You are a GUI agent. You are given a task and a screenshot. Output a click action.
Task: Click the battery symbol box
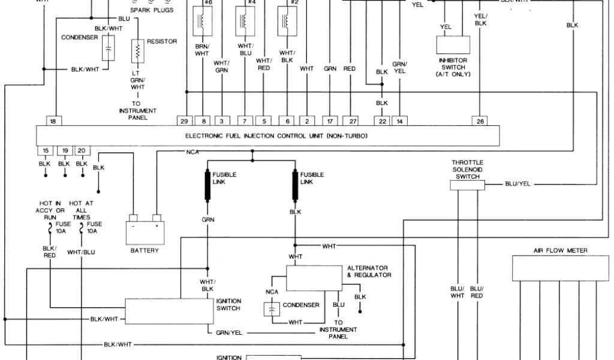tap(145, 230)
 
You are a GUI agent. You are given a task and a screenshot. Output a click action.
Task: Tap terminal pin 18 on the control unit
tap(53, 121)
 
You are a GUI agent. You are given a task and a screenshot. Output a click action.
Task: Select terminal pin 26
tap(480, 121)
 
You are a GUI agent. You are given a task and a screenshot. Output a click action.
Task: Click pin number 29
tap(185, 121)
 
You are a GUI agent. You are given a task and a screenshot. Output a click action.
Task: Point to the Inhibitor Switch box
tap(453, 45)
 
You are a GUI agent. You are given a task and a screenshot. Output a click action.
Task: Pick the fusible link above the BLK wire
tap(295, 186)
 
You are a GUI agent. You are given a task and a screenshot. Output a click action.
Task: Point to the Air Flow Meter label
tap(560, 251)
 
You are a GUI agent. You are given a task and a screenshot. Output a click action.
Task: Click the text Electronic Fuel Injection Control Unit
tap(276, 136)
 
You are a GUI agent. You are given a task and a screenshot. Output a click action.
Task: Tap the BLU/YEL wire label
tap(518, 185)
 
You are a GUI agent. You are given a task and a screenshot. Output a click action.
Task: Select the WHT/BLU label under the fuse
tap(81, 252)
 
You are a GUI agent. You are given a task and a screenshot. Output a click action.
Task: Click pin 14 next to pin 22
tap(399, 121)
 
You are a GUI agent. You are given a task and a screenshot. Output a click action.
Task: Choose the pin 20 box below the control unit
tap(82, 150)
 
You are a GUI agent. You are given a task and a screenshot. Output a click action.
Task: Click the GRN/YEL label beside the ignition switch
tap(228, 332)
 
